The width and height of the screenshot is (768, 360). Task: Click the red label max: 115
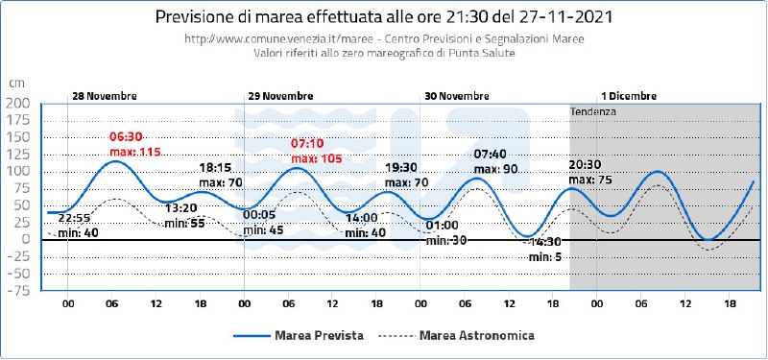[135, 152]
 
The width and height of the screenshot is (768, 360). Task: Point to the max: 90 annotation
[495, 169]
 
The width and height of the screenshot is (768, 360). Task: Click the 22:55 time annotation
[71, 219]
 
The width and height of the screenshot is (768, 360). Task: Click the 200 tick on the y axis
[18, 104]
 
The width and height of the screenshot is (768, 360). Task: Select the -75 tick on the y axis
[18, 291]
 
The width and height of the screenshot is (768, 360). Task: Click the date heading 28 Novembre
[105, 96]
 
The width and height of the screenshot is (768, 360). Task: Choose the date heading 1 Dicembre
[629, 96]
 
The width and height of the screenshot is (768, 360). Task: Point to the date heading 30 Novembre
[457, 96]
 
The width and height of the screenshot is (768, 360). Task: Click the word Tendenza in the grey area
[593, 111]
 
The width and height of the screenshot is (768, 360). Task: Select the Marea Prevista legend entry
[299, 335]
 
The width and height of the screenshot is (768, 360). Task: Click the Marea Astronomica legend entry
[457, 335]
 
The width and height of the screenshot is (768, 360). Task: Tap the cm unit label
[16, 84]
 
